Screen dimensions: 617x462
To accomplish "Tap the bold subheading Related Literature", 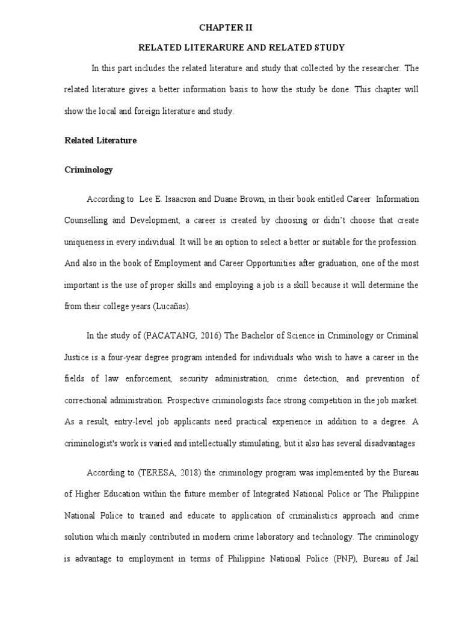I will pos(100,140).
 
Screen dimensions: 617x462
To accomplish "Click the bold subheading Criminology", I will pos(88,170).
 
